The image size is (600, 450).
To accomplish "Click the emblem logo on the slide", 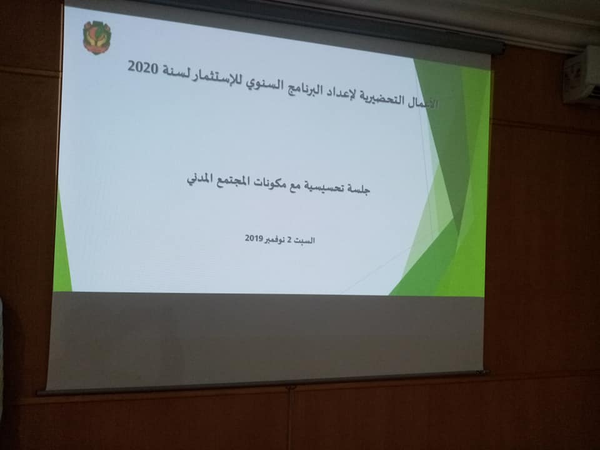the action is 97,37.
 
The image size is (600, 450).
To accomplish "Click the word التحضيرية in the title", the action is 379,98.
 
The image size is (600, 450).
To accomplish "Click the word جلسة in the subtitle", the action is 357,188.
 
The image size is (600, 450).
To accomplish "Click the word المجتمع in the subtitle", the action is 229,181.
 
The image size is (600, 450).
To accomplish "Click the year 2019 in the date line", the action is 253,238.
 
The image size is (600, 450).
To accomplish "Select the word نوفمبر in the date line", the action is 274,239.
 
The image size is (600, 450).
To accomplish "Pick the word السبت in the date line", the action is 305,240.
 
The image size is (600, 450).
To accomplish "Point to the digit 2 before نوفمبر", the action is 290,240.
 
